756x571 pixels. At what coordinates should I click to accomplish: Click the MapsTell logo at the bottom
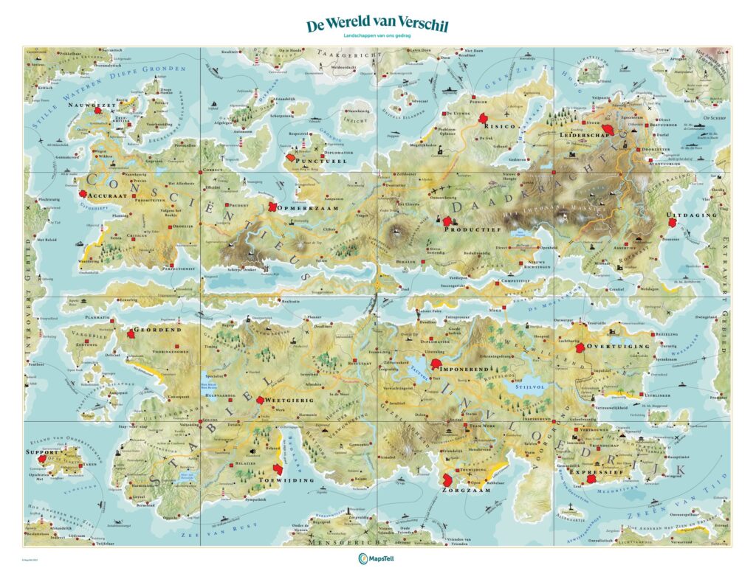click(377, 558)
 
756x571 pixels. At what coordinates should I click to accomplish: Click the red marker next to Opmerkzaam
click(274, 207)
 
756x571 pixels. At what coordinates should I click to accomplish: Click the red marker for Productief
click(447, 221)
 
